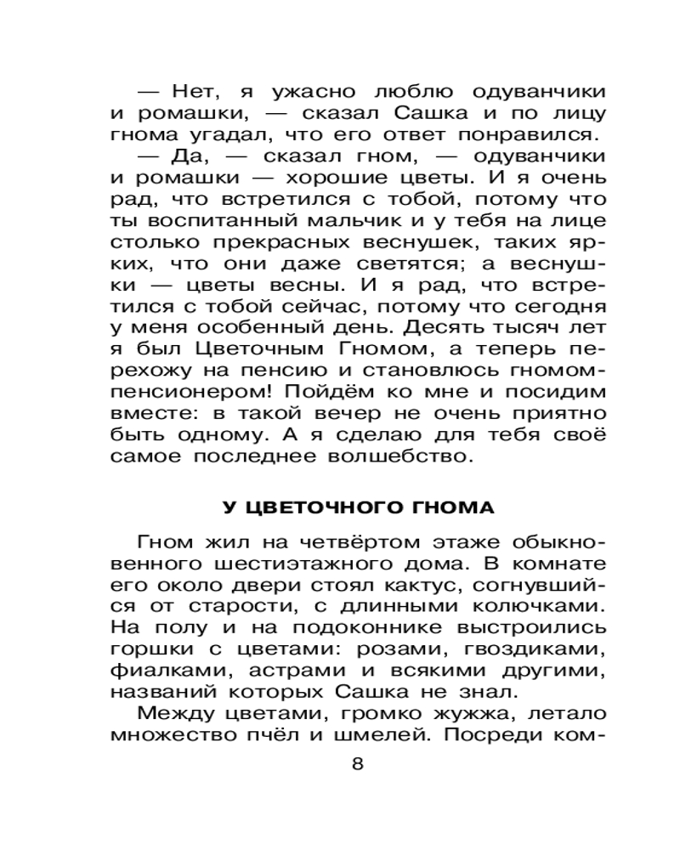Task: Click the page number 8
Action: point(357,762)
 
